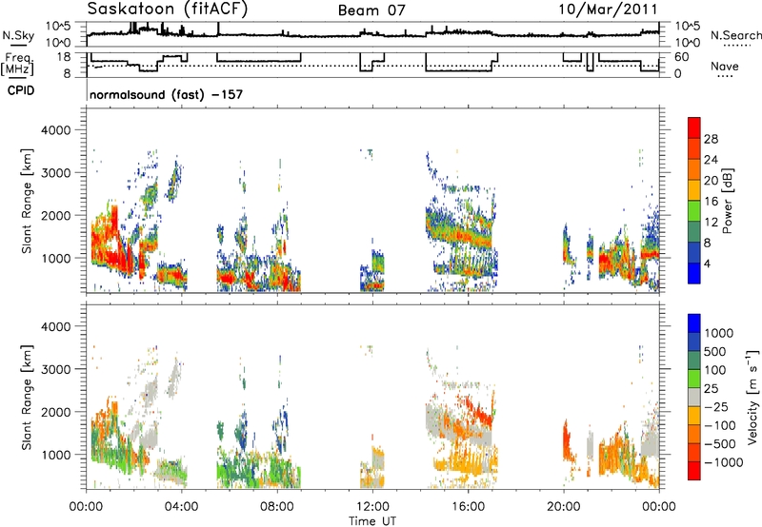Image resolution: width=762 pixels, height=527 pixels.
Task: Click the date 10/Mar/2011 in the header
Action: tap(608, 9)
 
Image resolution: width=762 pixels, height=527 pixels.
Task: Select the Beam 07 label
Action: tap(371, 10)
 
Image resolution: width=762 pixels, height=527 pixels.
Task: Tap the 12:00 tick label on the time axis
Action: tap(372, 507)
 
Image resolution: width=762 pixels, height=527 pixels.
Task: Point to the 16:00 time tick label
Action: tap(468, 507)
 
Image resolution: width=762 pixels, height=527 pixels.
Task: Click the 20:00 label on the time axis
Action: tap(564, 507)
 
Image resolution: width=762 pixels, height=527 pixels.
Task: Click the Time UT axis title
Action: tap(372, 520)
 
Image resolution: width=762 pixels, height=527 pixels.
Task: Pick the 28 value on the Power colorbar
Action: tap(711, 139)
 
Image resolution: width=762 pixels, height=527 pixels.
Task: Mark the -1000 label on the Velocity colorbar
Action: tap(724, 462)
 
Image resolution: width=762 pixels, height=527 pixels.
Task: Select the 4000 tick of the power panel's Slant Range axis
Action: tap(56, 130)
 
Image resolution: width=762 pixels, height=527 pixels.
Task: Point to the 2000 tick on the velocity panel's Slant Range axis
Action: tap(56, 412)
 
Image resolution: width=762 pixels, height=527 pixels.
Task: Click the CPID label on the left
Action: tap(21, 90)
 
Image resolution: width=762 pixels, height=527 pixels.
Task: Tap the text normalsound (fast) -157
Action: tap(166, 94)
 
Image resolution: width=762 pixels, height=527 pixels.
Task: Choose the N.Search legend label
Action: tap(735, 35)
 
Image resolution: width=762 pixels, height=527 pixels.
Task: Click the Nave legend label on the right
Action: tap(725, 66)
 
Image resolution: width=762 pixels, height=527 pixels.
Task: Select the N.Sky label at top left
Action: tap(18, 35)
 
